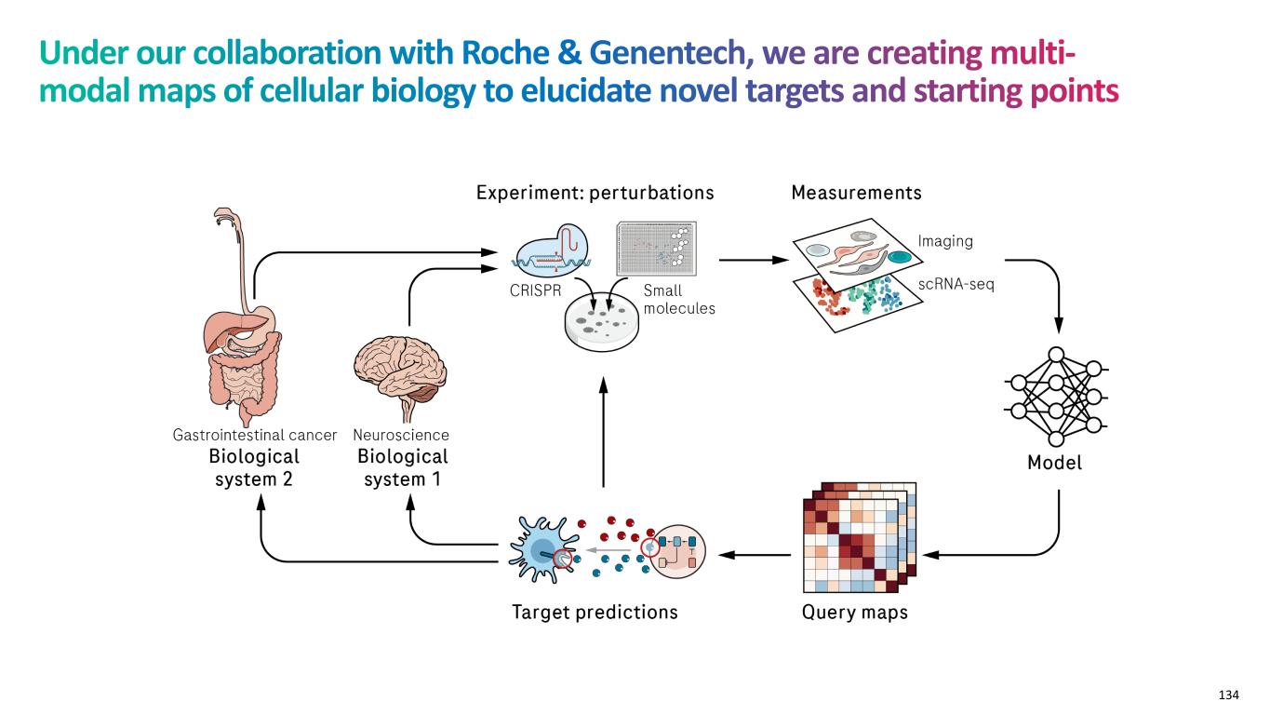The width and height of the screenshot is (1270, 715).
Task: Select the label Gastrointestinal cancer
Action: pyautogui.click(x=255, y=435)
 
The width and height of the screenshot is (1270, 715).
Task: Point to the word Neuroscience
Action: pyautogui.click(x=401, y=435)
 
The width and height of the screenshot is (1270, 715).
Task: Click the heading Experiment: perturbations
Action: pyautogui.click(x=595, y=194)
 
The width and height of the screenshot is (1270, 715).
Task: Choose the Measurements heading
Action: pyautogui.click(x=856, y=194)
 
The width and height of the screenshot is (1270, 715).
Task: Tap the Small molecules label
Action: pyautogui.click(x=678, y=299)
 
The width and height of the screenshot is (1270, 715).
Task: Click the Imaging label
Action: pyautogui.click(x=945, y=241)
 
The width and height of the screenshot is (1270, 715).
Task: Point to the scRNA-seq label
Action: pyautogui.click(x=956, y=284)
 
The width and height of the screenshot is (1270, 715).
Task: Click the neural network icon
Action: pyautogui.click(x=1056, y=397)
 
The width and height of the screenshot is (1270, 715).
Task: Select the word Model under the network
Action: pyautogui.click(x=1055, y=463)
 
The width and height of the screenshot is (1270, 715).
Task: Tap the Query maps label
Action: pyautogui.click(x=854, y=613)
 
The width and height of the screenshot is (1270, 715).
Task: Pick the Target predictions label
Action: pyautogui.click(x=595, y=613)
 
